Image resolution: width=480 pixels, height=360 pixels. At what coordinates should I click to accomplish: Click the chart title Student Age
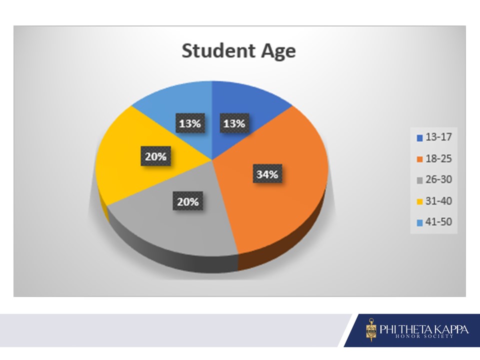click(x=239, y=51)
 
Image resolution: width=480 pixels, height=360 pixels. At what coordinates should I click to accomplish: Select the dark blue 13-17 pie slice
click(x=245, y=101)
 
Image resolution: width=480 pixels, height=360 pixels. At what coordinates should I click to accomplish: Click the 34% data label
click(x=267, y=174)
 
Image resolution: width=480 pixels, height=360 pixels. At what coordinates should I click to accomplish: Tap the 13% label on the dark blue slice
click(x=234, y=123)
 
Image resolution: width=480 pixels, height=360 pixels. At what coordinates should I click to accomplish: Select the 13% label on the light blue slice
click(x=190, y=123)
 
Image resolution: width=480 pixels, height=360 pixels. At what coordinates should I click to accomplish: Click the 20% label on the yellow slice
click(x=155, y=156)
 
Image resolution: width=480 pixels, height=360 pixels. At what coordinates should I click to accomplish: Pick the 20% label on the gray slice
click(x=187, y=201)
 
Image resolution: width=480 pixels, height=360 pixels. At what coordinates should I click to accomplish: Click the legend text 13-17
click(x=438, y=137)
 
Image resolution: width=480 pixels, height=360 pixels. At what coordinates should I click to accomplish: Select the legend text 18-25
click(x=438, y=158)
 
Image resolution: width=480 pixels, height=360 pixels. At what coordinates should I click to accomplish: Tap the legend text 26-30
click(x=438, y=179)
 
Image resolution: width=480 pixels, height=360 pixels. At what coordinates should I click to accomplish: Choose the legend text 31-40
click(x=438, y=201)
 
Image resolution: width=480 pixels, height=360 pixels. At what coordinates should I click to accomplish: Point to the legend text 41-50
click(x=438, y=222)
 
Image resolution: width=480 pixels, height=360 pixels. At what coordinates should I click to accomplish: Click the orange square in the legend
click(x=419, y=159)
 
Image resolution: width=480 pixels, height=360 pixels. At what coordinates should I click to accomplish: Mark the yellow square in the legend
click(x=419, y=201)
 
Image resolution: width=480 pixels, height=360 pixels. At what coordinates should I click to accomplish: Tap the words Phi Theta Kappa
click(x=424, y=329)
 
